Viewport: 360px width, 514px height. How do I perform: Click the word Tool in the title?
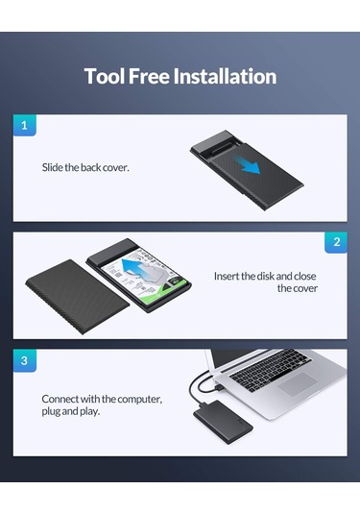point(105,76)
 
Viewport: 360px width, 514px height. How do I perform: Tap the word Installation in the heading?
point(225,76)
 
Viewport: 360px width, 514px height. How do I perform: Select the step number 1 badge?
point(25,125)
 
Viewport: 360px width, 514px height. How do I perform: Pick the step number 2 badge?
point(336,242)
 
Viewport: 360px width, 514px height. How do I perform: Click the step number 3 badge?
point(25,360)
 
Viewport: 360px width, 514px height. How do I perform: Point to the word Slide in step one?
point(53,167)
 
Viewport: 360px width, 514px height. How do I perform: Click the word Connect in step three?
point(60,399)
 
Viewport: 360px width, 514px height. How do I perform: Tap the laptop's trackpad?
point(298,384)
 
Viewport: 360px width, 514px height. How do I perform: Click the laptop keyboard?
point(271,370)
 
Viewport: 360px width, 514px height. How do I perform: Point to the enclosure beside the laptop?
point(223,422)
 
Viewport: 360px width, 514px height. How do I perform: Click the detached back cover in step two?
point(78,296)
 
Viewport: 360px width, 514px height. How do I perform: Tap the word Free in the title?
point(149,76)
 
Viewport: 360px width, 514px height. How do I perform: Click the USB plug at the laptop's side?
point(219,387)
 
